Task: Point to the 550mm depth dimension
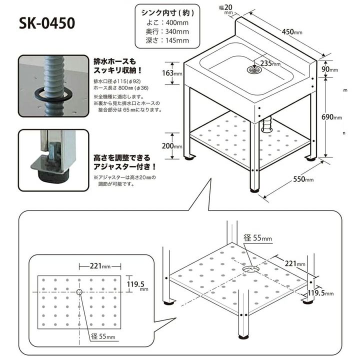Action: pyautogui.click(x=303, y=178)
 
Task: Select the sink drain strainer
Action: pyautogui.click(x=254, y=70)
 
